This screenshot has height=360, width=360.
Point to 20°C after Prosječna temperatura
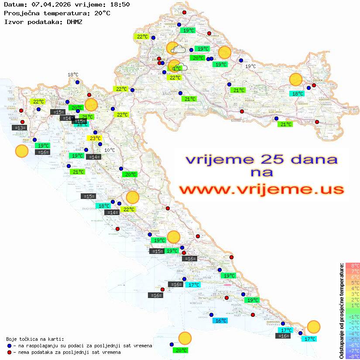(x=102, y=13)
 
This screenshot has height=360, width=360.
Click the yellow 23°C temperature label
(x=95, y=139)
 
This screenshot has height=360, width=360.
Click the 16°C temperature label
(x=220, y=321)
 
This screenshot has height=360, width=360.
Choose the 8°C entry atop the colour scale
(x=353, y=266)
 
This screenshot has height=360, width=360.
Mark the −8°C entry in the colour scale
(x=352, y=357)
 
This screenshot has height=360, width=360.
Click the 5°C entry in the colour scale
(x=353, y=283)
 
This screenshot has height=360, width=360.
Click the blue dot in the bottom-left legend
(x=10, y=346)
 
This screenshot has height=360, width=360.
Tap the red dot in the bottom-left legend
(x=10, y=352)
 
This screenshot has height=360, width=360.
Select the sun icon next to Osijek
(x=296, y=80)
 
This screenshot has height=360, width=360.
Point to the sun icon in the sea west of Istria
(x=21, y=151)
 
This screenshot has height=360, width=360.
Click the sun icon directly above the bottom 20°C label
(x=185, y=338)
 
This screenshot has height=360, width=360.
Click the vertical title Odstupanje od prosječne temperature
(x=342, y=310)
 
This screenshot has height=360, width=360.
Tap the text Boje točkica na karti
(x=35, y=339)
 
